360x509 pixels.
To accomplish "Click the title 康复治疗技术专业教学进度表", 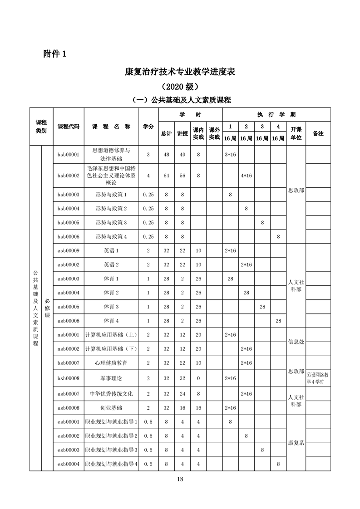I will pos(180,72).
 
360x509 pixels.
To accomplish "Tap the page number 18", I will pos(180,478).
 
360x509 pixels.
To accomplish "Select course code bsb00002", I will pos(69,176).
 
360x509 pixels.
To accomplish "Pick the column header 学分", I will pos(148,127).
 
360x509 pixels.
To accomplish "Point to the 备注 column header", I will pos(318,134).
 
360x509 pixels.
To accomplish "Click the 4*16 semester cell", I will pos(247,176).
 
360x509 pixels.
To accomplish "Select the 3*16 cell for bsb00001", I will pos(231,155).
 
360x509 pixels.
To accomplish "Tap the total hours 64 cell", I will pos(167,176).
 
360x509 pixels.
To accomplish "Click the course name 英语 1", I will pos(111,251).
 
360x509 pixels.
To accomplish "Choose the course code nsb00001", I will pos(69,335).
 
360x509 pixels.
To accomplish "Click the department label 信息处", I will pos(296,342).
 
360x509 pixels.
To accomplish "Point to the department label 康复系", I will pos(296,443).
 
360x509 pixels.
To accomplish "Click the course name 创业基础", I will pos(111,408).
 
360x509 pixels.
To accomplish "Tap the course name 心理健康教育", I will pos(111,363).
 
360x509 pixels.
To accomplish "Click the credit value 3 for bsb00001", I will pos(148,155).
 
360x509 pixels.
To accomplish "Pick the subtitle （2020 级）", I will pos(180,86).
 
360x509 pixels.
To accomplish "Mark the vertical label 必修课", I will pos(47,308).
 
